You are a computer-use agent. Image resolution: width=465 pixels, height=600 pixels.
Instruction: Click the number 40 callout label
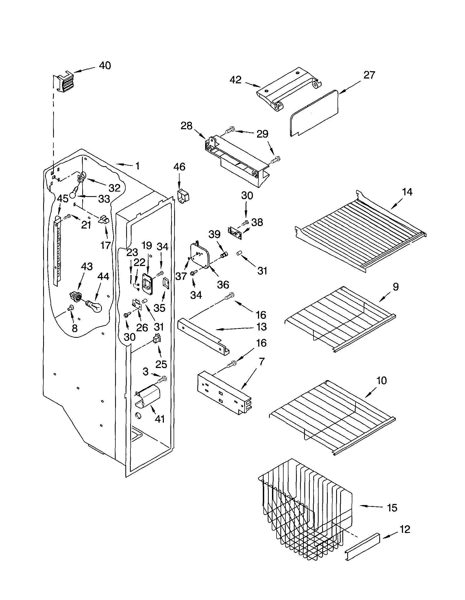coord(105,66)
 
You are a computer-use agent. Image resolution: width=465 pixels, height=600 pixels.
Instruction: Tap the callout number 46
coord(179,167)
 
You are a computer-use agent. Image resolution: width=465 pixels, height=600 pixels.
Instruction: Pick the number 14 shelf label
coord(407,192)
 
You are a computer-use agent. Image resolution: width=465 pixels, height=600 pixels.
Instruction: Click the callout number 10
coord(381,380)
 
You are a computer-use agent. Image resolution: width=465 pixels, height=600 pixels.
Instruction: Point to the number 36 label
coord(223,285)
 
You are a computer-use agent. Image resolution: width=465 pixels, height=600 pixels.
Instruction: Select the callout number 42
coord(235,80)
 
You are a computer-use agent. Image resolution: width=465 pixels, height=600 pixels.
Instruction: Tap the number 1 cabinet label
coord(137,166)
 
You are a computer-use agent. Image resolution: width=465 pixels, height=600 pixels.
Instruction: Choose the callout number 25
coord(161,364)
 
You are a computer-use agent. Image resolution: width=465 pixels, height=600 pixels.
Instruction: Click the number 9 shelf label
coord(395,287)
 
